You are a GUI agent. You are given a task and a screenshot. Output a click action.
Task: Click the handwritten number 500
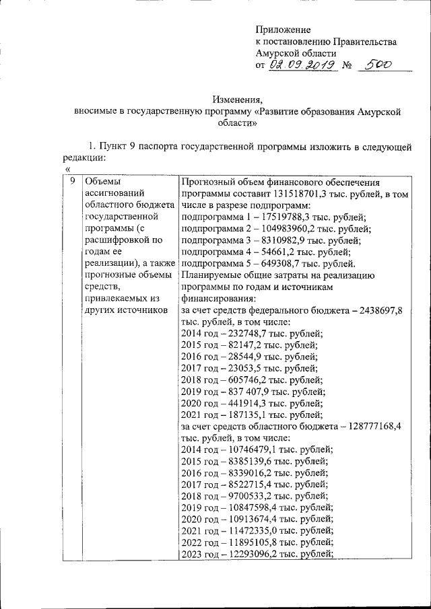[374, 65]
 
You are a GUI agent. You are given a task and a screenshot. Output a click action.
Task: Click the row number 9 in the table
[71, 182]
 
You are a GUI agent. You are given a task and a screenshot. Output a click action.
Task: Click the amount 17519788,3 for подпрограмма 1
[279, 217]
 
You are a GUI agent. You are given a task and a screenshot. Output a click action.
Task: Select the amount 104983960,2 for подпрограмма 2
[281, 229]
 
